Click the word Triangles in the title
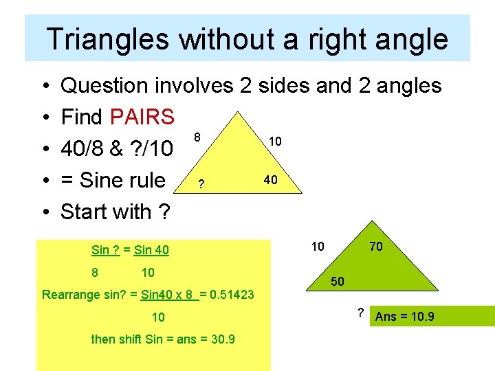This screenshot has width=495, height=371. (x=107, y=39)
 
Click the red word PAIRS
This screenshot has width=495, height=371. (x=142, y=117)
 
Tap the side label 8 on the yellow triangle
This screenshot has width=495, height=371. (x=197, y=137)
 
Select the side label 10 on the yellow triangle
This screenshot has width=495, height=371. (x=274, y=141)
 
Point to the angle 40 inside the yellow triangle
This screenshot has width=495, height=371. (x=271, y=180)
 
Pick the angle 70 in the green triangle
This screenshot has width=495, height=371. (x=375, y=246)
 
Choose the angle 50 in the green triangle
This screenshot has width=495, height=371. (x=338, y=282)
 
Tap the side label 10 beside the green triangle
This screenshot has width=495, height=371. (x=318, y=246)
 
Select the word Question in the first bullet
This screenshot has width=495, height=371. (x=104, y=86)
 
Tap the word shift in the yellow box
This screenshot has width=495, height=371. (x=130, y=339)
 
